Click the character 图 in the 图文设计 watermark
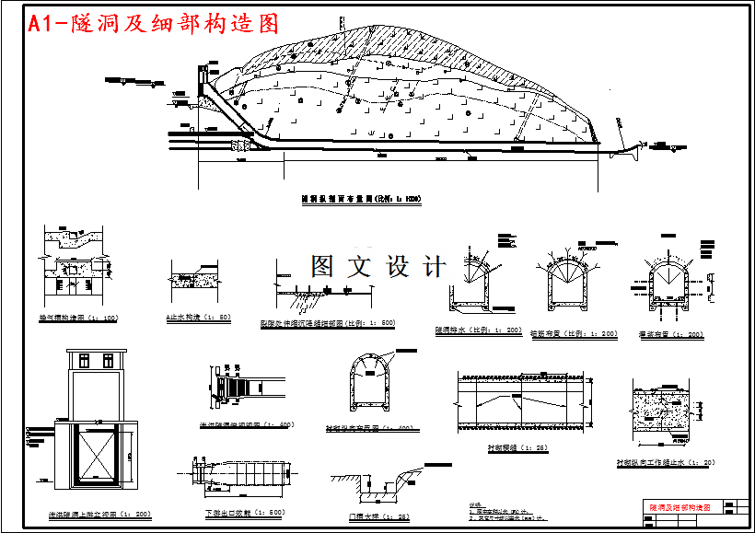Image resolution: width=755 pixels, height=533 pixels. click(322, 267)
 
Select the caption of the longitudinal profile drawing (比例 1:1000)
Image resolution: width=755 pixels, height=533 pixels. click(361, 198)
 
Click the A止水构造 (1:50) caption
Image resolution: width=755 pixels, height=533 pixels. click(198, 318)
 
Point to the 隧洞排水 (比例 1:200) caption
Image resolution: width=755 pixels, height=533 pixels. click(479, 330)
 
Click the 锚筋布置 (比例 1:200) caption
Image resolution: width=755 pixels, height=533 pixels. click(575, 334)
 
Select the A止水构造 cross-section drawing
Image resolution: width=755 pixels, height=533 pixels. click(197, 281)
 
